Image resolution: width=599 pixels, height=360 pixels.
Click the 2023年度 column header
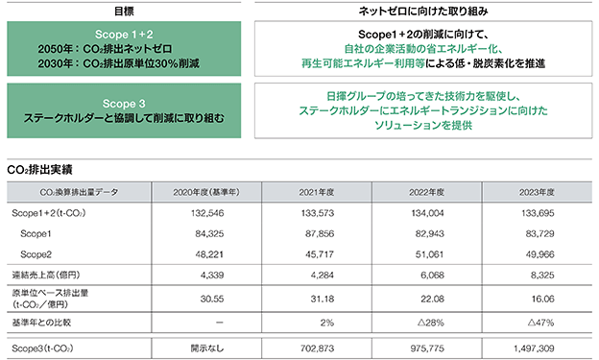537,192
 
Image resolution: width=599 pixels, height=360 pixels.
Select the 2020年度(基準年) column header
206,192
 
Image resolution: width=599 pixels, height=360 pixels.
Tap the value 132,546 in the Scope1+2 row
207,213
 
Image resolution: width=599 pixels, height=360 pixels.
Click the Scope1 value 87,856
320,233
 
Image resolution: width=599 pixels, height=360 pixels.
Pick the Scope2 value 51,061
430,254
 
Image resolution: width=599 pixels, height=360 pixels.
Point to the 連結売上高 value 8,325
542,275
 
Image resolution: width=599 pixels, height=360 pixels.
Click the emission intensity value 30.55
212,299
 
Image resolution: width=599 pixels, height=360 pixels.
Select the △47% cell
541,323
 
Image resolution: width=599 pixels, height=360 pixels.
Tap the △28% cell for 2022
431,323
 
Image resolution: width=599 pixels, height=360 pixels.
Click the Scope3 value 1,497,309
534,348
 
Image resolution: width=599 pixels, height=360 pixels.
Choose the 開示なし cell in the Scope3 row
207,348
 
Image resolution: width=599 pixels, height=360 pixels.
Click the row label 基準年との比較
41,323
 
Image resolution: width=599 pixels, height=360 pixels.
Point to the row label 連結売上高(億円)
46,275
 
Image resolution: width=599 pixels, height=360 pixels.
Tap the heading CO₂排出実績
39,169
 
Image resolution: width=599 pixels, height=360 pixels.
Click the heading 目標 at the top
124,12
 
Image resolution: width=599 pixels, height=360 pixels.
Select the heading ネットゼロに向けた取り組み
423,12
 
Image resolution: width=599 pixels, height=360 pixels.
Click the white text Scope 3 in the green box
124,104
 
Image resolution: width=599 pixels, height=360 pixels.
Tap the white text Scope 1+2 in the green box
124,35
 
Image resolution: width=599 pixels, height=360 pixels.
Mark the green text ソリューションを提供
423,125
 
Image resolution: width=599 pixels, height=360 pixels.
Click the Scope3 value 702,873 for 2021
317,348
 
